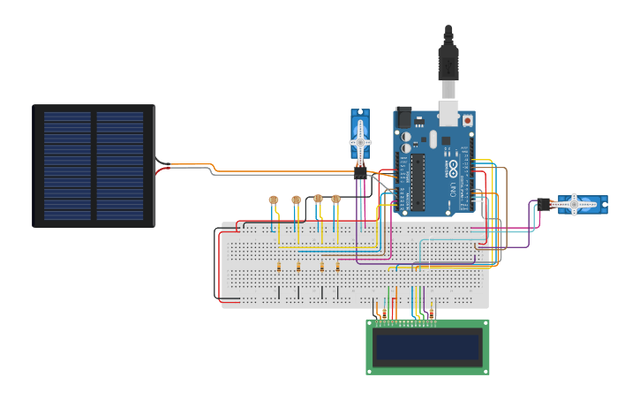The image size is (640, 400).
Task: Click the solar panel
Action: tap(94, 166)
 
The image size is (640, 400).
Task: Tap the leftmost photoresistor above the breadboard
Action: tap(274, 200)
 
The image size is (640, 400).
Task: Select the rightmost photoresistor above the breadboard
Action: tap(335, 199)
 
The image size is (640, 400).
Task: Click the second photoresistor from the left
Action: tap(296, 200)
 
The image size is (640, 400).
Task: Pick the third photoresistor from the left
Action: tap(318, 199)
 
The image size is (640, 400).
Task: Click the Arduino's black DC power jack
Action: tap(404, 117)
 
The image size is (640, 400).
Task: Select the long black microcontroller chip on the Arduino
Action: tap(417, 181)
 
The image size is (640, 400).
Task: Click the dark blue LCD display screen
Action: tap(427, 347)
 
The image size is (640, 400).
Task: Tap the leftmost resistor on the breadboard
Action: tap(279, 266)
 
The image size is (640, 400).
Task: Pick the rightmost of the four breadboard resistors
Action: tap(337, 266)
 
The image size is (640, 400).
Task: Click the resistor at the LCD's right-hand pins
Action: tap(432, 311)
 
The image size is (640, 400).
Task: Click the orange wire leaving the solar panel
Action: tap(190, 165)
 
